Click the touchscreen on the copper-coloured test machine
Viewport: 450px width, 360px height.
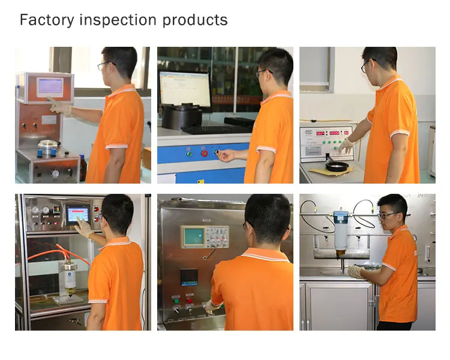pos(50,86)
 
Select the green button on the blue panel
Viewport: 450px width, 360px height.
pos(190,153)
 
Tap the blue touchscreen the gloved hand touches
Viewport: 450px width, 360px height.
pos(78,214)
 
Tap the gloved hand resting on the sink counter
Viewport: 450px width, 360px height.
pos(356,271)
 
